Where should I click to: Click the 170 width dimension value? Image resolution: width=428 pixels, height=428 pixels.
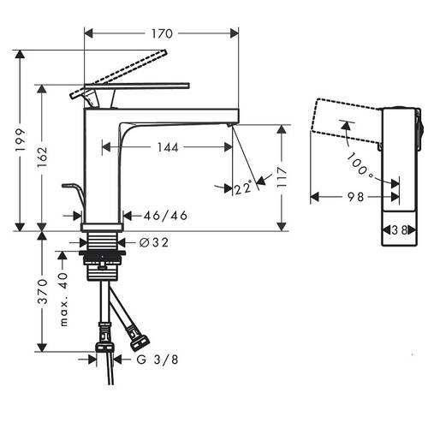pyautogui.click(x=162, y=33)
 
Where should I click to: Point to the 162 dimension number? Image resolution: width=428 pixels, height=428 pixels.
pyautogui.click(x=42, y=158)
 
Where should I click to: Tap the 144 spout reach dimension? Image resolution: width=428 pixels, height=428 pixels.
pyautogui.click(x=168, y=147)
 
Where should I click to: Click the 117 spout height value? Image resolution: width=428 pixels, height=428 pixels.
pyautogui.click(x=282, y=177)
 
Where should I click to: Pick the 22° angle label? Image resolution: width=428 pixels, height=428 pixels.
pyautogui.click(x=243, y=188)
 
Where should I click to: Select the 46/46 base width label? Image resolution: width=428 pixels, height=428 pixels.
pyautogui.click(x=165, y=216)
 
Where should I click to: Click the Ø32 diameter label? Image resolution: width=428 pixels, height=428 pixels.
pyautogui.click(x=154, y=242)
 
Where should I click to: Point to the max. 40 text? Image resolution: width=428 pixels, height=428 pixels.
pyautogui.click(x=63, y=300)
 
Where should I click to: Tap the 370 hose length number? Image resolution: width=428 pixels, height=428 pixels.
pyautogui.click(x=42, y=292)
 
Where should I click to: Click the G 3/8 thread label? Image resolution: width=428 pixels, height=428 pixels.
pyautogui.click(x=158, y=360)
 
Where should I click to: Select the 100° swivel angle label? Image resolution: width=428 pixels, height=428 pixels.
pyautogui.click(x=360, y=166)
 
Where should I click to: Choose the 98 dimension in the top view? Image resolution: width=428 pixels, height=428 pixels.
pyautogui.click(x=355, y=197)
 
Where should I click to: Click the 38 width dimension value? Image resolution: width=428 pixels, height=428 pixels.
pyautogui.click(x=400, y=230)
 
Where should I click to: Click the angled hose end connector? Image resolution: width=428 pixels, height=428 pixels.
pyautogui.click(x=140, y=340)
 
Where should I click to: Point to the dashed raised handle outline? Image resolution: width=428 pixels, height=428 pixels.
pyautogui.click(x=118, y=74)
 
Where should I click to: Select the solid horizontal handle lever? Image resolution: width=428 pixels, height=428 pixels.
pyautogui.click(x=137, y=86)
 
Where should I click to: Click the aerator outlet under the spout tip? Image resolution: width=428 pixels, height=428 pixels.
pyautogui.click(x=230, y=125)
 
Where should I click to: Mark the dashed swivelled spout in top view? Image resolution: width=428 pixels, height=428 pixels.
pyautogui.click(x=347, y=121)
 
